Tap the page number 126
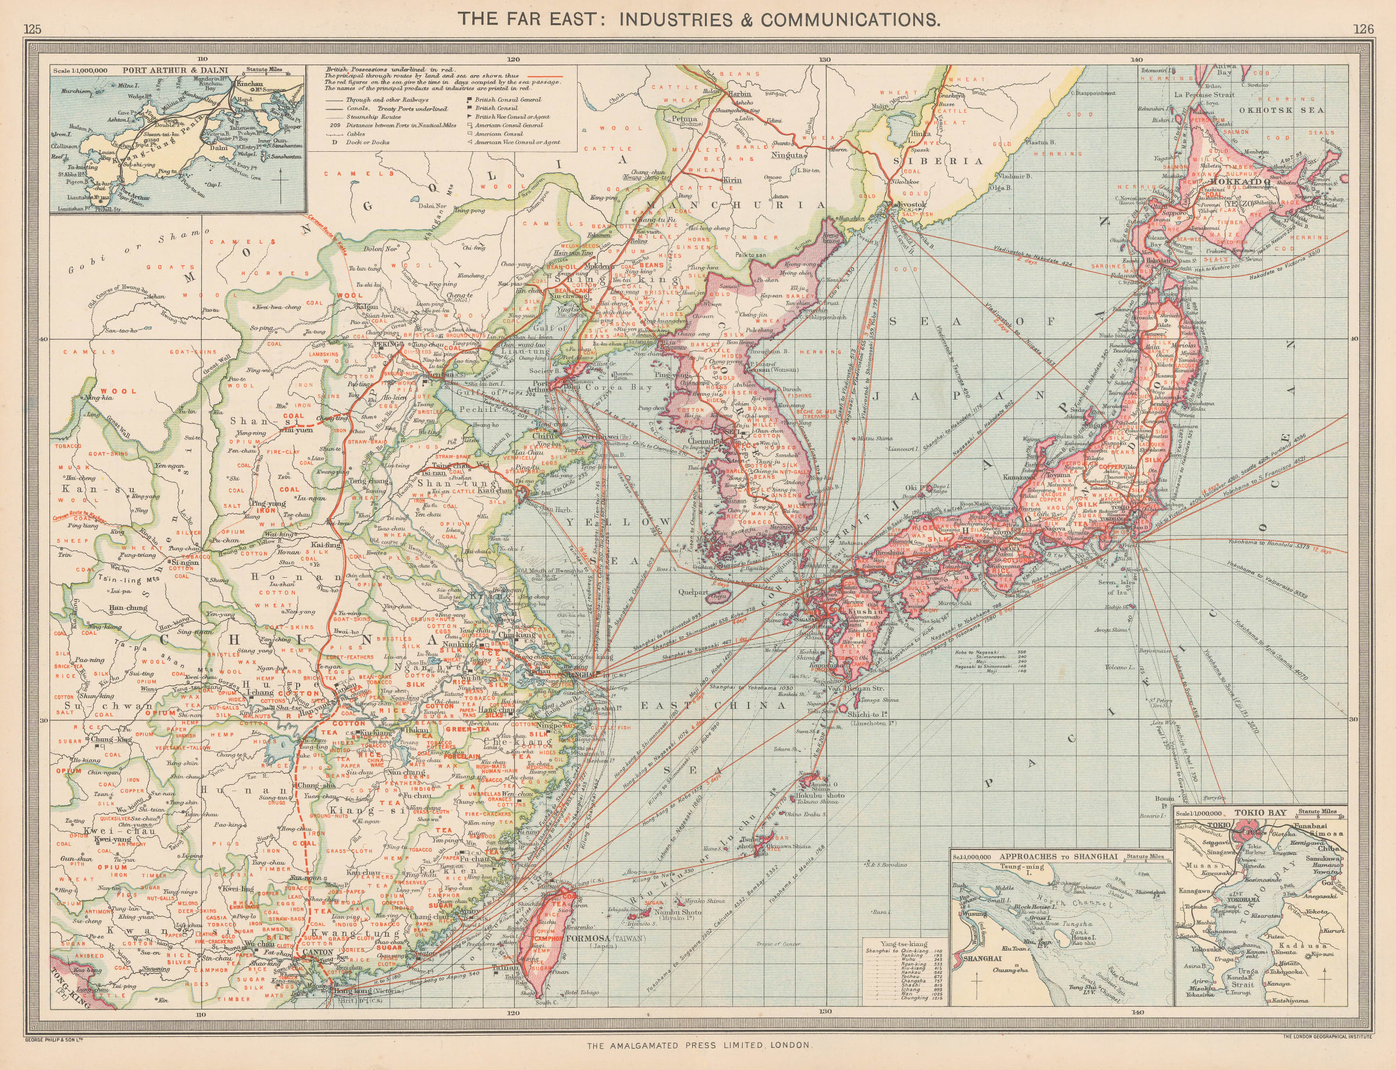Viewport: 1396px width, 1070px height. point(1363,29)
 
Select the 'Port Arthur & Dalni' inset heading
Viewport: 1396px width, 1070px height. point(175,71)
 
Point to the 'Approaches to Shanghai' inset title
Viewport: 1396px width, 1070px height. point(1058,856)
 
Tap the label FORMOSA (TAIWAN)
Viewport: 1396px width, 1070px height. point(606,939)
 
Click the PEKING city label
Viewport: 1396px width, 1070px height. point(387,344)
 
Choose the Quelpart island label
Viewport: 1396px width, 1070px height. point(693,592)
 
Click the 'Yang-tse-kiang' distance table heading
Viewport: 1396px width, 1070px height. point(903,943)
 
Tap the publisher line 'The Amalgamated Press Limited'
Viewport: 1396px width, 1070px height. point(699,1045)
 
